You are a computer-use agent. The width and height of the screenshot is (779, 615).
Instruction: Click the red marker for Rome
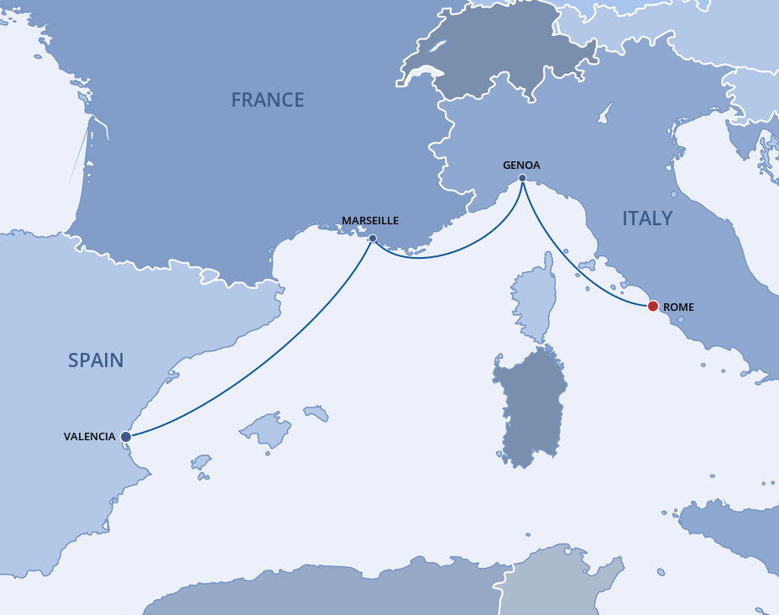point(653,306)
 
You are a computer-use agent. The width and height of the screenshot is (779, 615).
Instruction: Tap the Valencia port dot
point(125,437)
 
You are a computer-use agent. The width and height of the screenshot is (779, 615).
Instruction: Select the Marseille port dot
point(372,238)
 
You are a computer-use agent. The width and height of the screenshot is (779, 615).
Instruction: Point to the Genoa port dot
point(522,178)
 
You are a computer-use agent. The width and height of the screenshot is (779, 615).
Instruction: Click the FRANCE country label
point(268,100)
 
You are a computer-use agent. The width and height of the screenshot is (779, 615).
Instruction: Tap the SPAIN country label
point(96,360)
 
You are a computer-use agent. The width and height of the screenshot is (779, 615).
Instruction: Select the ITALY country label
point(647,218)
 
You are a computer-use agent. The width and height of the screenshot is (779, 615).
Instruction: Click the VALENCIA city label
point(90,437)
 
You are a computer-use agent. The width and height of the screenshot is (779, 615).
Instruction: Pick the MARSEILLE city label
point(370,221)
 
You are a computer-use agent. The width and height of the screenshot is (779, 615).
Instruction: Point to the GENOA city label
point(522,165)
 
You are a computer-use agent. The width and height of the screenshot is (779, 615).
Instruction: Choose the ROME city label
point(678,307)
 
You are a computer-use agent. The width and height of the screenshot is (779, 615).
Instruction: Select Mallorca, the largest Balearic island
point(267,429)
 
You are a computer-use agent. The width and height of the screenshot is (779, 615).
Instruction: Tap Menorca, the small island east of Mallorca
point(316,413)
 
